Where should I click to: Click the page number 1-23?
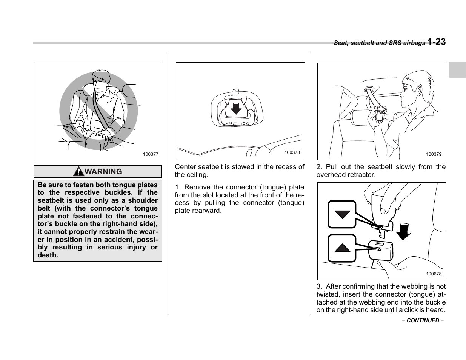tap(437, 42)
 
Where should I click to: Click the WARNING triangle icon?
tap(78, 172)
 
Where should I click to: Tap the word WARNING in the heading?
tap(103, 172)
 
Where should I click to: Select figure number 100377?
tap(151, 154)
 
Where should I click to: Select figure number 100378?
tap(292, 152)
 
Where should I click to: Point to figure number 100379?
tap(434, 154)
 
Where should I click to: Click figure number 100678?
tap(434, 274)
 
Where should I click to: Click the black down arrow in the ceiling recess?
tap(236, 108)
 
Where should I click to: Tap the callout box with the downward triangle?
tap(342, 214)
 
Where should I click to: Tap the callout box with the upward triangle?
tap(342, 248)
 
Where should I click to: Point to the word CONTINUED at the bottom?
tap(423, 320)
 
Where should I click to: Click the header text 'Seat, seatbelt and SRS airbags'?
tap(379, 43)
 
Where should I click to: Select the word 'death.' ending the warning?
tap(48, 255)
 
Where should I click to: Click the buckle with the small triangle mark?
tap(381, 249)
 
